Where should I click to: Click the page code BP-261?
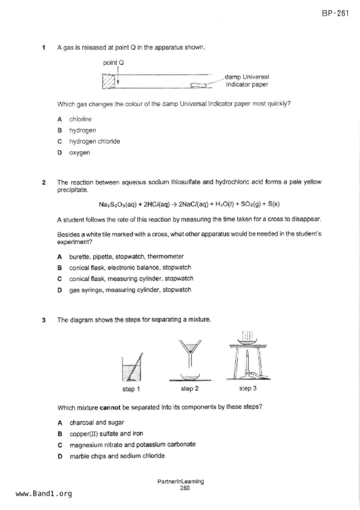click(335, 13)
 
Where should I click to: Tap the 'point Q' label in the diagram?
click(113, 63)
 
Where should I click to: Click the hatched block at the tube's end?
click(108, 81)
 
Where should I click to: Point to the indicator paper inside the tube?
click(198, 85)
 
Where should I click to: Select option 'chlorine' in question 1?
click(80, 119)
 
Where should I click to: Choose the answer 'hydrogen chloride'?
click(94, 141)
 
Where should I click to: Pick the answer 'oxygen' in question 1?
click(79, 153)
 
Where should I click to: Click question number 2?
click(44, 183)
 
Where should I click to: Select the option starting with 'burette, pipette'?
click(126, 257)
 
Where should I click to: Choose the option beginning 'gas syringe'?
click(130, 290)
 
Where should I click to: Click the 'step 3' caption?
click(248, 388)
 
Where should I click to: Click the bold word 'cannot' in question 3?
click(110, 408)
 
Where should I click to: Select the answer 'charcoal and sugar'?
click(96, 422)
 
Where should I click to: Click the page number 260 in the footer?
click(185, 488)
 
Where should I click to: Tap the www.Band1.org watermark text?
click(44, 494)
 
